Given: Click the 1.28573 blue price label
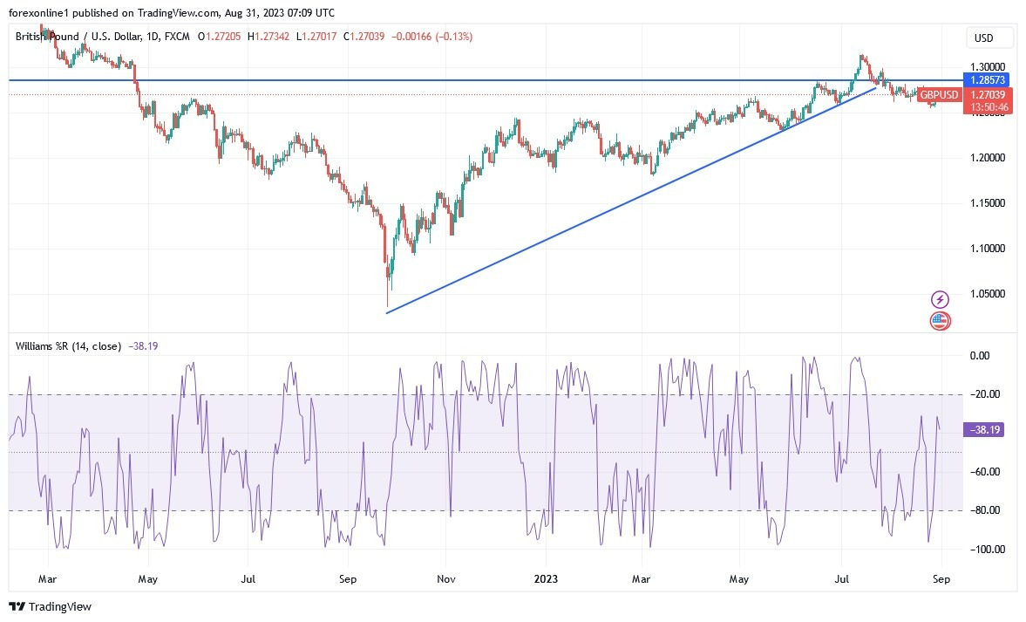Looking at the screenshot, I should [989, 79].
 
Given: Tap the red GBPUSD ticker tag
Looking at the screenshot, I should [940, 95].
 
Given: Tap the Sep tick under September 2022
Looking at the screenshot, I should [348, 578].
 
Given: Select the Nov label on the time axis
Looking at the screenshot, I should [445, 578].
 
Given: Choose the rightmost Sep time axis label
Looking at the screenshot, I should [941, 578].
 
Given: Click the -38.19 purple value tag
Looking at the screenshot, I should [989, 429].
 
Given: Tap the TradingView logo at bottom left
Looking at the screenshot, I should [51, 606].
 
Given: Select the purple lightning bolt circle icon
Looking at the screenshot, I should [940, 299].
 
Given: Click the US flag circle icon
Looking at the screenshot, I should [940, 320].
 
